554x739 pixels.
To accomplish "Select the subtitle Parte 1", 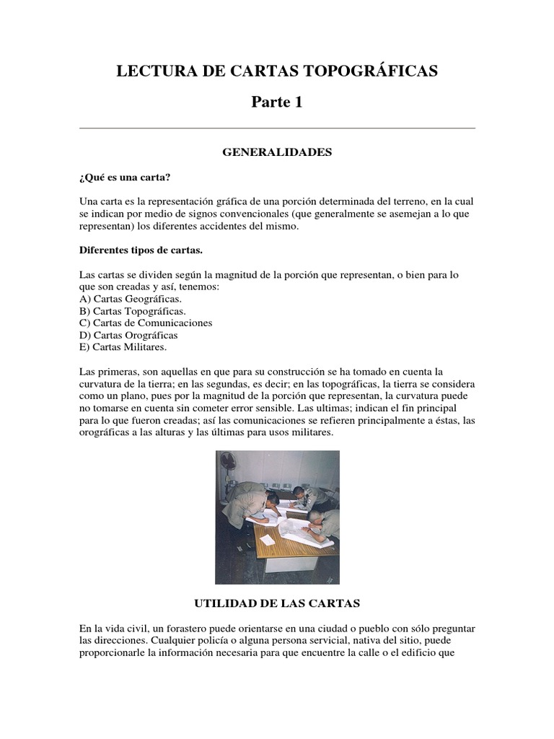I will point(276,102).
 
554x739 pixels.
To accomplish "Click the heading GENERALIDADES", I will point(276,152).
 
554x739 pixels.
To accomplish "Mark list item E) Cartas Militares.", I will point(123,347).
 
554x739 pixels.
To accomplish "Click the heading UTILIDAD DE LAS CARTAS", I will point(276,602).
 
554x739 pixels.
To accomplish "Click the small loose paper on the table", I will point(268,539).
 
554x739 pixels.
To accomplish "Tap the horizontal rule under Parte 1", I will point(276,128).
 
